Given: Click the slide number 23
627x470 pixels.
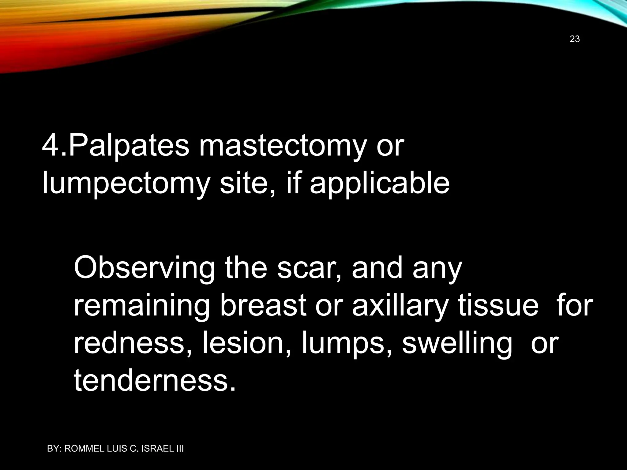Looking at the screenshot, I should tap(575, 39).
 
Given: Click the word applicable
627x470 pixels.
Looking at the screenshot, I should tap(379, 184).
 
